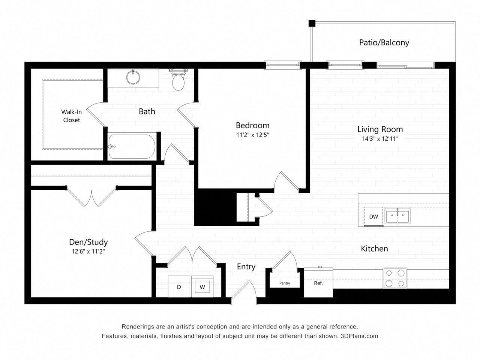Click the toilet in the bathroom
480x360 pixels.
[178, 79]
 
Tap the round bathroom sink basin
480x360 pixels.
[133, 78]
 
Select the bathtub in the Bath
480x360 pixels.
[132, 147]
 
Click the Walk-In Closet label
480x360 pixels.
[71, 115]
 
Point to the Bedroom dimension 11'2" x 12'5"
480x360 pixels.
[252, 135]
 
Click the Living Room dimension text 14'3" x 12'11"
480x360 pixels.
[380, 139]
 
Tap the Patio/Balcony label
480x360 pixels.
[384, 42]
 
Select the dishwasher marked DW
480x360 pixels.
[373, 217]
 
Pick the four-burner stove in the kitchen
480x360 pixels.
[395, 278]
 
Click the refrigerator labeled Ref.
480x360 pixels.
[318, 283]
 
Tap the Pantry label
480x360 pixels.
[285, 283]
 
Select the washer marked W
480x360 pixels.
[202, 287]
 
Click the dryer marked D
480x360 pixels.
[179, 287]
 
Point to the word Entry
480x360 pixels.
[246, 267]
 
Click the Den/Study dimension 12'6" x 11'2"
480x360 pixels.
[88, 252]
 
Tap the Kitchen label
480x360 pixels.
[374, 248]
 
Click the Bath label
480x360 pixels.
[147, 111]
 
